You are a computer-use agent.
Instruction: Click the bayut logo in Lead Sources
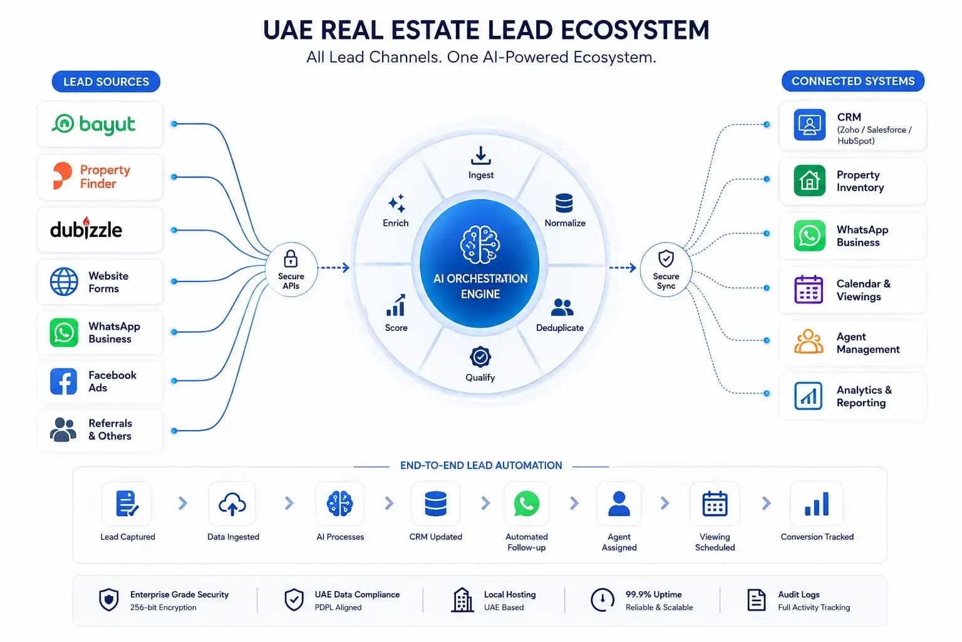(93, 124)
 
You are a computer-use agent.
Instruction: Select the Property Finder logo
(91, 176)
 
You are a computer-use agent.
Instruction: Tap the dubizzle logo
(86, 228)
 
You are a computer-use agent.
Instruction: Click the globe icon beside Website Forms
(64, 282)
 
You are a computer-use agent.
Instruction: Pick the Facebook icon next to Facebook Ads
(63, 381)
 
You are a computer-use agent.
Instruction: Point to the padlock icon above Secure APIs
(291, 259)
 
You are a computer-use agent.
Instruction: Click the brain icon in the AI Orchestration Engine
(480, 245)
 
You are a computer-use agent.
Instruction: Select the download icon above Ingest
(480, 155)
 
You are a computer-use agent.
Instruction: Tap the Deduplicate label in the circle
(559, 328)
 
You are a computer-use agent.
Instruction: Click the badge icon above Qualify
(480, 357)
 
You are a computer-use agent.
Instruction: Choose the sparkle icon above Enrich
(396, 203)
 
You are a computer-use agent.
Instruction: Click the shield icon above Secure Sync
(666, 259)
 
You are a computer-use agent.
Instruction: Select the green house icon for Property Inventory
(809, 181)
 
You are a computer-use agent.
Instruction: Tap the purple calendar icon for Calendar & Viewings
(809, 290)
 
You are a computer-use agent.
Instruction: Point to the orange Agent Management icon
(809, 342)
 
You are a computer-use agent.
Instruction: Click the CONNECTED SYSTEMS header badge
(853, 82)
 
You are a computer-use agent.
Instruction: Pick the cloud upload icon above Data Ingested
(232, 504)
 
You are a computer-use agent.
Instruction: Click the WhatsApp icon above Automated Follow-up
(527, 503)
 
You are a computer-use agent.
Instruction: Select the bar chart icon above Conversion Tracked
(817, 503)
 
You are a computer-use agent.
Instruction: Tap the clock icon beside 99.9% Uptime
(602, 600)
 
